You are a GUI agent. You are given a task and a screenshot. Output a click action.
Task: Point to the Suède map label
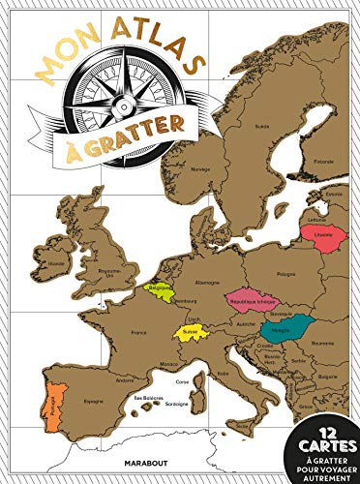(260, 126)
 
